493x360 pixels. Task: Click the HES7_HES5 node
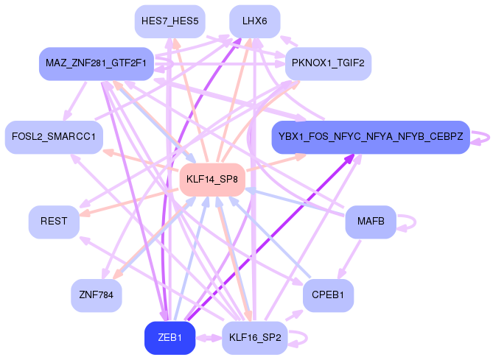pos(169,21)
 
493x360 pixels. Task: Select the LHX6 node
pos(254,21)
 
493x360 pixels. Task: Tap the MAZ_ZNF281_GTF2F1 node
pos(96,63)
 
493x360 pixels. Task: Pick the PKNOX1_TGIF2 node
pos(328,63)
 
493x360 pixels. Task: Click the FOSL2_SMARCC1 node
pos(54,137)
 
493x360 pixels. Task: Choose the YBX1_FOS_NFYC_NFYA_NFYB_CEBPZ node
pos(371,137)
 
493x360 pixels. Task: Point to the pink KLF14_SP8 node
pos(212,180)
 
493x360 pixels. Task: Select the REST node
pos(54,222)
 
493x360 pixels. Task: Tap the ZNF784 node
pos(96,295)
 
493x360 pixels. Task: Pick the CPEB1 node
pos(328,295)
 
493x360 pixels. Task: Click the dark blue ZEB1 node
pos(169,338)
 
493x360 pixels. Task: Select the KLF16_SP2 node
pos(254,338)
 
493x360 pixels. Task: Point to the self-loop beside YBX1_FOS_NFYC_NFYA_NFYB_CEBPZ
pos(482,137)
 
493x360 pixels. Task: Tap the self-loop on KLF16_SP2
pos(298,338)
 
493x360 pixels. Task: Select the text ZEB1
pos(169,338)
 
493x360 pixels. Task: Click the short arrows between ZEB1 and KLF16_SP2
pos(209,338)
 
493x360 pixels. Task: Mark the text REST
pos(54,222)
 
